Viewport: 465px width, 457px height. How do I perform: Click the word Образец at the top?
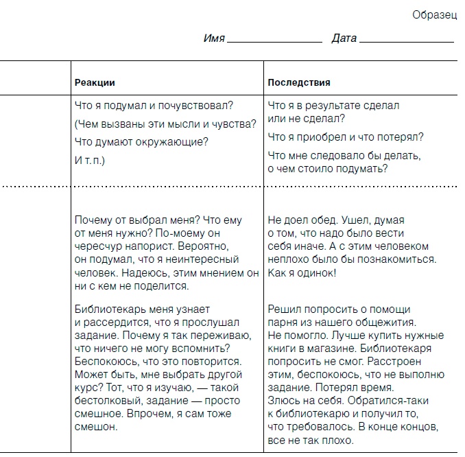pyautogui.click(x=434, y=15)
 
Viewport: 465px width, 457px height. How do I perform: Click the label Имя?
pyautogui.click(x=214, y=38)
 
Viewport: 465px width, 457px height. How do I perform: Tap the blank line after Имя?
pyautogui.click(x=274, y=40)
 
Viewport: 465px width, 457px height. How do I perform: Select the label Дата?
pyautogui.click(x=344, y=38)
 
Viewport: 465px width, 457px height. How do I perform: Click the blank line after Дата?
pyautogui.click(x=407, y=40)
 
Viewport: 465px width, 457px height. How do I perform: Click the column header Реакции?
pyautogui.click(x=95, y=82)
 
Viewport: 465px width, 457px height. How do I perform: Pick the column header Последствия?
pyautogui.click(x=298, y=82)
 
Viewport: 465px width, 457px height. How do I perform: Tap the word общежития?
pyautogui.click(x=390, y=323)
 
